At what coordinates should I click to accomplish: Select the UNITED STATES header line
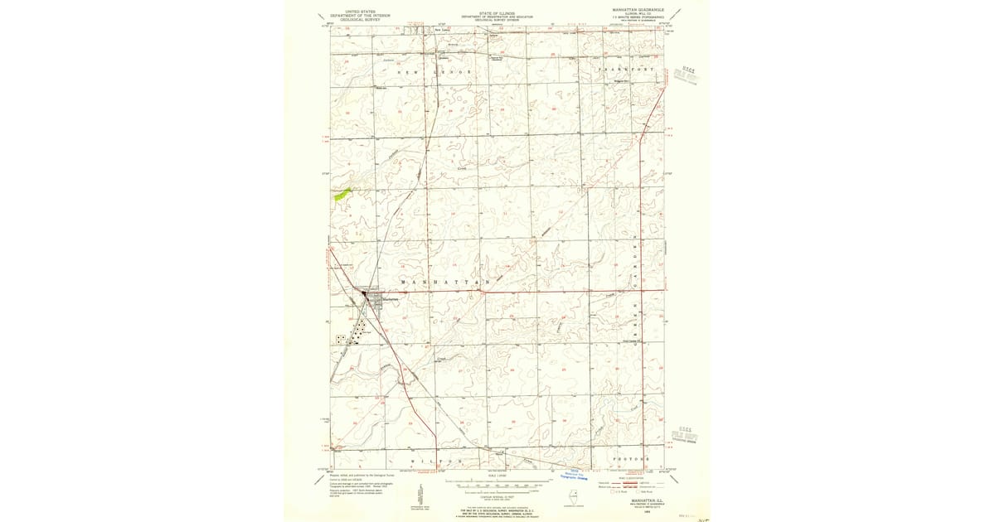(354, 12)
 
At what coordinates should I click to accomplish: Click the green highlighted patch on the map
(341, 195)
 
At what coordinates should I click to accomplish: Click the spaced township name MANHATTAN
(452, 283)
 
